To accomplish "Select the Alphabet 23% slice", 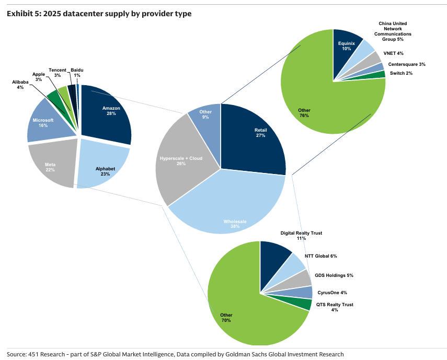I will tap(103, 167).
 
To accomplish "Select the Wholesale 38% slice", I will tap(230, 209).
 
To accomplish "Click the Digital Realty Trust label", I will tap(301, 235).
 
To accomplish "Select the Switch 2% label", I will tap(401, 73).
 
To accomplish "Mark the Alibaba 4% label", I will tap(20, 85).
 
